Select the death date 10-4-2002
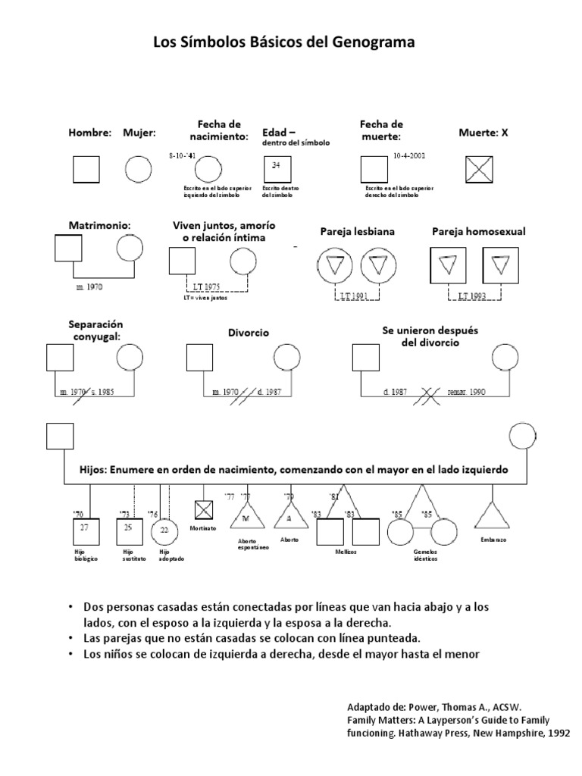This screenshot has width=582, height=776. [x=409, y=155]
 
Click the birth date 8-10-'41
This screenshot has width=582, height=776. [x=183, y=155]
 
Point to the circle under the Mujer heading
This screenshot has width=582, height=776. [x=137, y=168]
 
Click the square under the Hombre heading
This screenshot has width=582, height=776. [x=86, y=168]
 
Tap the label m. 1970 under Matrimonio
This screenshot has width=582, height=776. [x=89, y=287]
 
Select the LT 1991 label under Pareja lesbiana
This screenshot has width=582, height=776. [x=354, y=296]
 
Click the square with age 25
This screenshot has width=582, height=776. [x=128, y=527]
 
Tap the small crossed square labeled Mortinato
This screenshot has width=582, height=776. [x=203, y=508]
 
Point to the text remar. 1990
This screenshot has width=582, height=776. [x=467, y=392]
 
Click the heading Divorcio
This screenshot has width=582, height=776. [x=249, y=333]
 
